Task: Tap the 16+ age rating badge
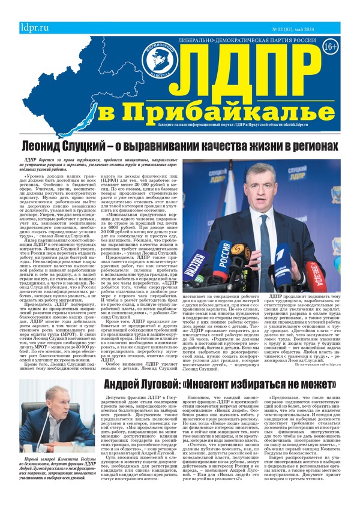[x=329, y=46]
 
